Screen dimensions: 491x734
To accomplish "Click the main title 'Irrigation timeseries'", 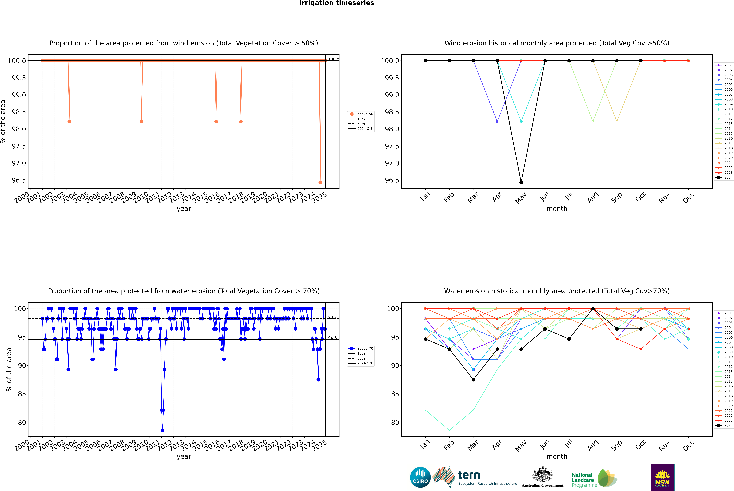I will pyautogui.click(x=336, y=3).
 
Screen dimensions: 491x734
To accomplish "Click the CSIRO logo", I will pyautogui.click(x=420, y=477).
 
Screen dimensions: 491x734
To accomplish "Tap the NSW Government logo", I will pyautogui.click(x=662, y=477).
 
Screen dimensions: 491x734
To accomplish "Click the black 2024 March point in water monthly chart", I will pyautogui.click(x=473, y=380).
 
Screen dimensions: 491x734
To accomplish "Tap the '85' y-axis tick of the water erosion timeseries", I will pyautogui.click(x=22, y=394).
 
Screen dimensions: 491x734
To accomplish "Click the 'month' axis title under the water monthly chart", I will pyautogui.click(x=557, y=457).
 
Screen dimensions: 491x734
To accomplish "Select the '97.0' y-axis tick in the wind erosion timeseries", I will pyautogui.click(x=19, y=163).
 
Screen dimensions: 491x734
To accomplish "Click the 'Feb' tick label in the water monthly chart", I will pyautogui.click(x=449, y=445).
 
